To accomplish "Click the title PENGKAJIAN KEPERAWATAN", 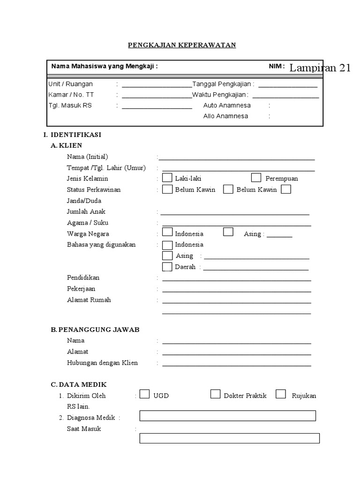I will [182, 45].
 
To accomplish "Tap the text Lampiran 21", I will [320, 68].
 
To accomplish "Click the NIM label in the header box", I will [276, 67].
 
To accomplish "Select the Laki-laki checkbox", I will [167, 178].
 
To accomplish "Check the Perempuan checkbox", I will [256, 178].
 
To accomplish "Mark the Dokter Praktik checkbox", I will [215, 394].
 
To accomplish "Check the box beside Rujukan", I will [281, 394].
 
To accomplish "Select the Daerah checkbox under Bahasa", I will [167, 267].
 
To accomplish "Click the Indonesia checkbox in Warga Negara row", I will [167, 232].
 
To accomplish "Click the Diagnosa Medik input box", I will [228, 416].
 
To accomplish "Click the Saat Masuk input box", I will [229, 438].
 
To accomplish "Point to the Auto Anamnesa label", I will [227, 105].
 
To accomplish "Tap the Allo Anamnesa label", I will [225, 116].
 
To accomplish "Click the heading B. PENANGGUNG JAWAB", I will [95, 330].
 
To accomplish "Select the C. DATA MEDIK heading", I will [79, 384].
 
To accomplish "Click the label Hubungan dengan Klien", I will [102, 363].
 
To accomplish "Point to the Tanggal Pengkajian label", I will [223, 84].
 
